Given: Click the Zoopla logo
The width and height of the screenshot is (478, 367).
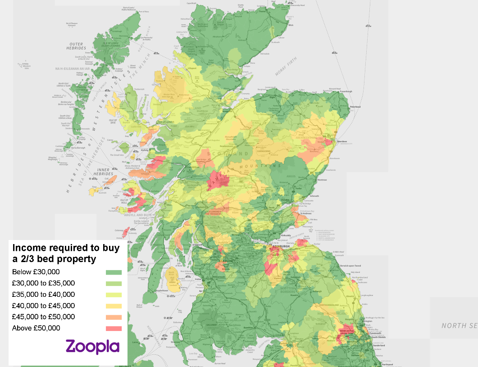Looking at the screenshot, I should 92,346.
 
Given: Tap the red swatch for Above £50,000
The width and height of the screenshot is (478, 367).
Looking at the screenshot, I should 114,328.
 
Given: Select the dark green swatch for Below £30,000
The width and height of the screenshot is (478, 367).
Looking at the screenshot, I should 114,272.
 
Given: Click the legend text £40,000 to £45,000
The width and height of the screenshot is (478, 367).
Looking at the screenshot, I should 43,306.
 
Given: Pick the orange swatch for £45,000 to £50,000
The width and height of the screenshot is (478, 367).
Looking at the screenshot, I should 114,317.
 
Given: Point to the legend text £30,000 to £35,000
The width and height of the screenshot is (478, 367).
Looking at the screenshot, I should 43,283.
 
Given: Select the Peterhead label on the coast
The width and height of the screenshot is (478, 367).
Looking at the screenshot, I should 355,107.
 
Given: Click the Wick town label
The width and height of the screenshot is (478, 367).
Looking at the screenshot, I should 291,25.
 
